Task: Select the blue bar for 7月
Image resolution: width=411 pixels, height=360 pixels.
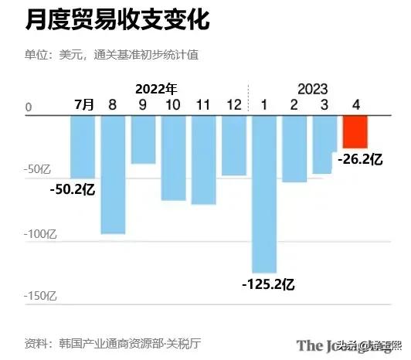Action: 83,147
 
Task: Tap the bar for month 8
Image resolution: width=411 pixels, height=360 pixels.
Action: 113,174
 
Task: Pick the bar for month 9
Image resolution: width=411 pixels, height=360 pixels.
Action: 143,139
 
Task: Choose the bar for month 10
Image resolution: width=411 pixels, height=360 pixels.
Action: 173,158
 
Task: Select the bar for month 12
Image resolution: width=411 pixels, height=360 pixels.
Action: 233,145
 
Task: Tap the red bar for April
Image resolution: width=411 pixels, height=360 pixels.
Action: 355,131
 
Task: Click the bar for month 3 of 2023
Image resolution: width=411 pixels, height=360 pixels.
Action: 324,144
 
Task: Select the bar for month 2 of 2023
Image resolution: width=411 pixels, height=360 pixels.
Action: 294,148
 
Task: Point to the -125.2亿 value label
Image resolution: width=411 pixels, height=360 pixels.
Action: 267,284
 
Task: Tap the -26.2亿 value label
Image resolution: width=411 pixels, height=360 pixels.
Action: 360,159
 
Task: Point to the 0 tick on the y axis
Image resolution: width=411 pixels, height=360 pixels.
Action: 29,108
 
